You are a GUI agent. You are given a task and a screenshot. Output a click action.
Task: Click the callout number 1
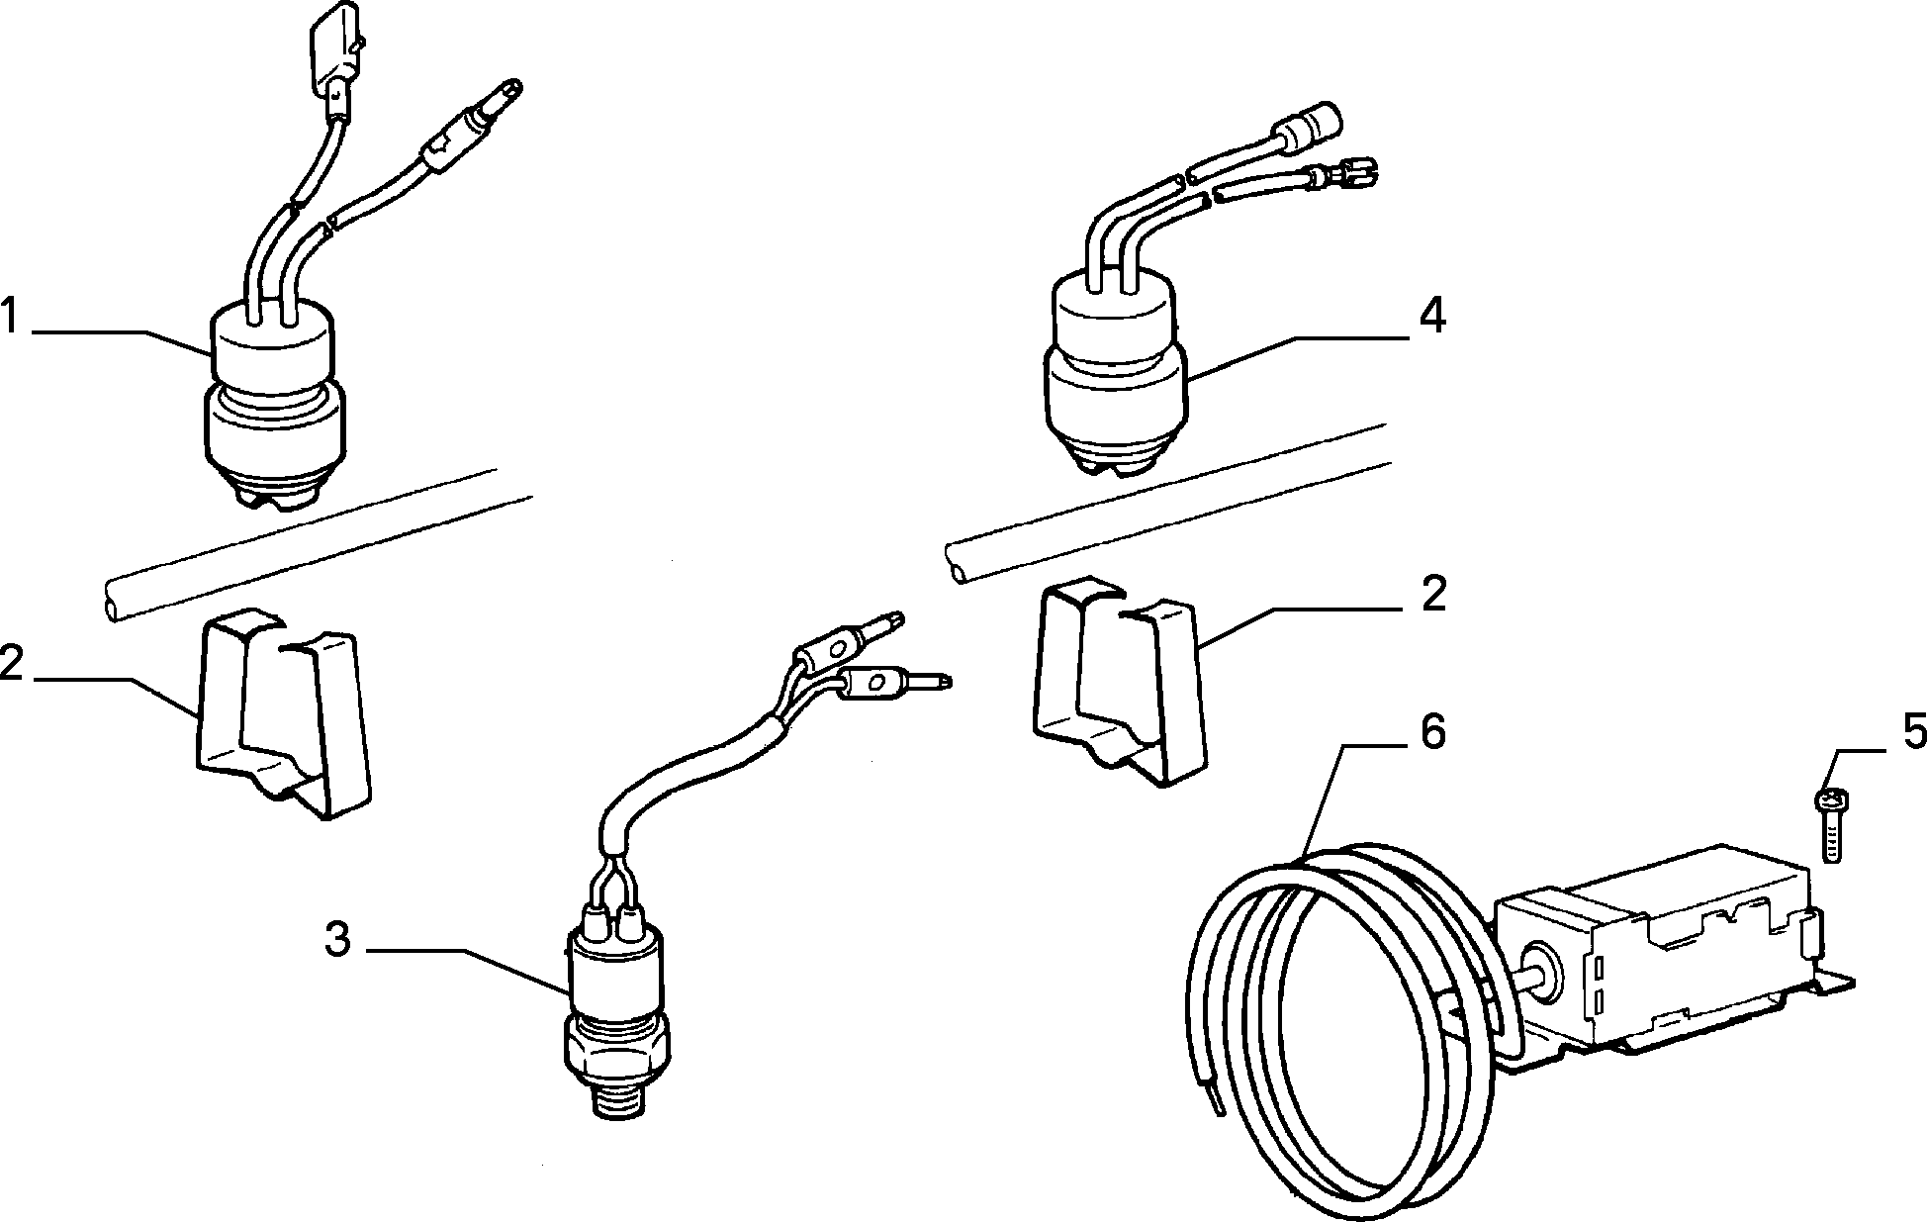point(12,320)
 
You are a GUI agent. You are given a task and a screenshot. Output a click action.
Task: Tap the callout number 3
point(338,939)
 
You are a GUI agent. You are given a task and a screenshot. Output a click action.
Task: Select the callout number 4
point(1431,317)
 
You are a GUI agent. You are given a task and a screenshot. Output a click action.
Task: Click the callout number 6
point(1431,732)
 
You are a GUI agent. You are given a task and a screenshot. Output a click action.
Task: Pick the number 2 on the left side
point(11,662)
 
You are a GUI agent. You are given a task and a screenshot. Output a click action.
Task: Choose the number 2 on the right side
point(1433,594)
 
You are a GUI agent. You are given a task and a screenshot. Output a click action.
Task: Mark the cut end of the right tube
point(957,569)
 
